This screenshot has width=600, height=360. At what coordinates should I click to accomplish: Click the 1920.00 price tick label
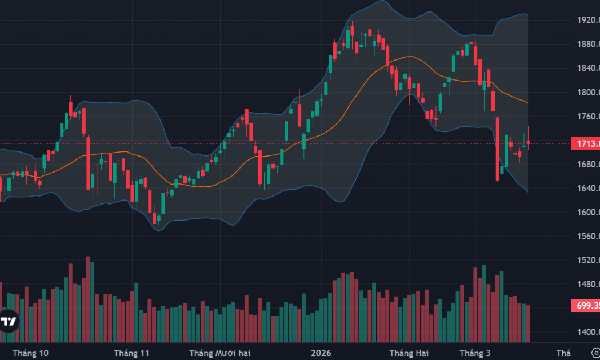tap(588, 20)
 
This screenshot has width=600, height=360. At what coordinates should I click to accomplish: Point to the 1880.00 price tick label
tap(588, 45)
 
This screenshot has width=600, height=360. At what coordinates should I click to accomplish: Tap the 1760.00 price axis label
tap(588, 117)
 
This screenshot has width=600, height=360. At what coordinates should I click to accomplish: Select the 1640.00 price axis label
tap(588, 189)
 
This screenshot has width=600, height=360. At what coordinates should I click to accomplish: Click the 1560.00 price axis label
tap(588, 237)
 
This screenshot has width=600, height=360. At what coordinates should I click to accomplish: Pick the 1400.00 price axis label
tap(588, 333)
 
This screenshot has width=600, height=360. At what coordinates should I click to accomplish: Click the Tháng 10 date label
tap(30, 353)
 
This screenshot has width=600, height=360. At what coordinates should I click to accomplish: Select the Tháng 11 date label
tap(131, 353)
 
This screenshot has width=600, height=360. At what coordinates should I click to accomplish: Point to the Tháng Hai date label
tap(409, 353)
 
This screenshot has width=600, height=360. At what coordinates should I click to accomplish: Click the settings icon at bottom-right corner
tap(595, 352)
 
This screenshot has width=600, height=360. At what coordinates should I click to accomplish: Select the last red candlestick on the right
tap(529, 142)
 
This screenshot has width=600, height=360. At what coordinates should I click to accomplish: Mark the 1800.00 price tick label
tap(588, 93)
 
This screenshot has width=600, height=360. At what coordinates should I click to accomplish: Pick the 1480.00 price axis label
tap(588, 285)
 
